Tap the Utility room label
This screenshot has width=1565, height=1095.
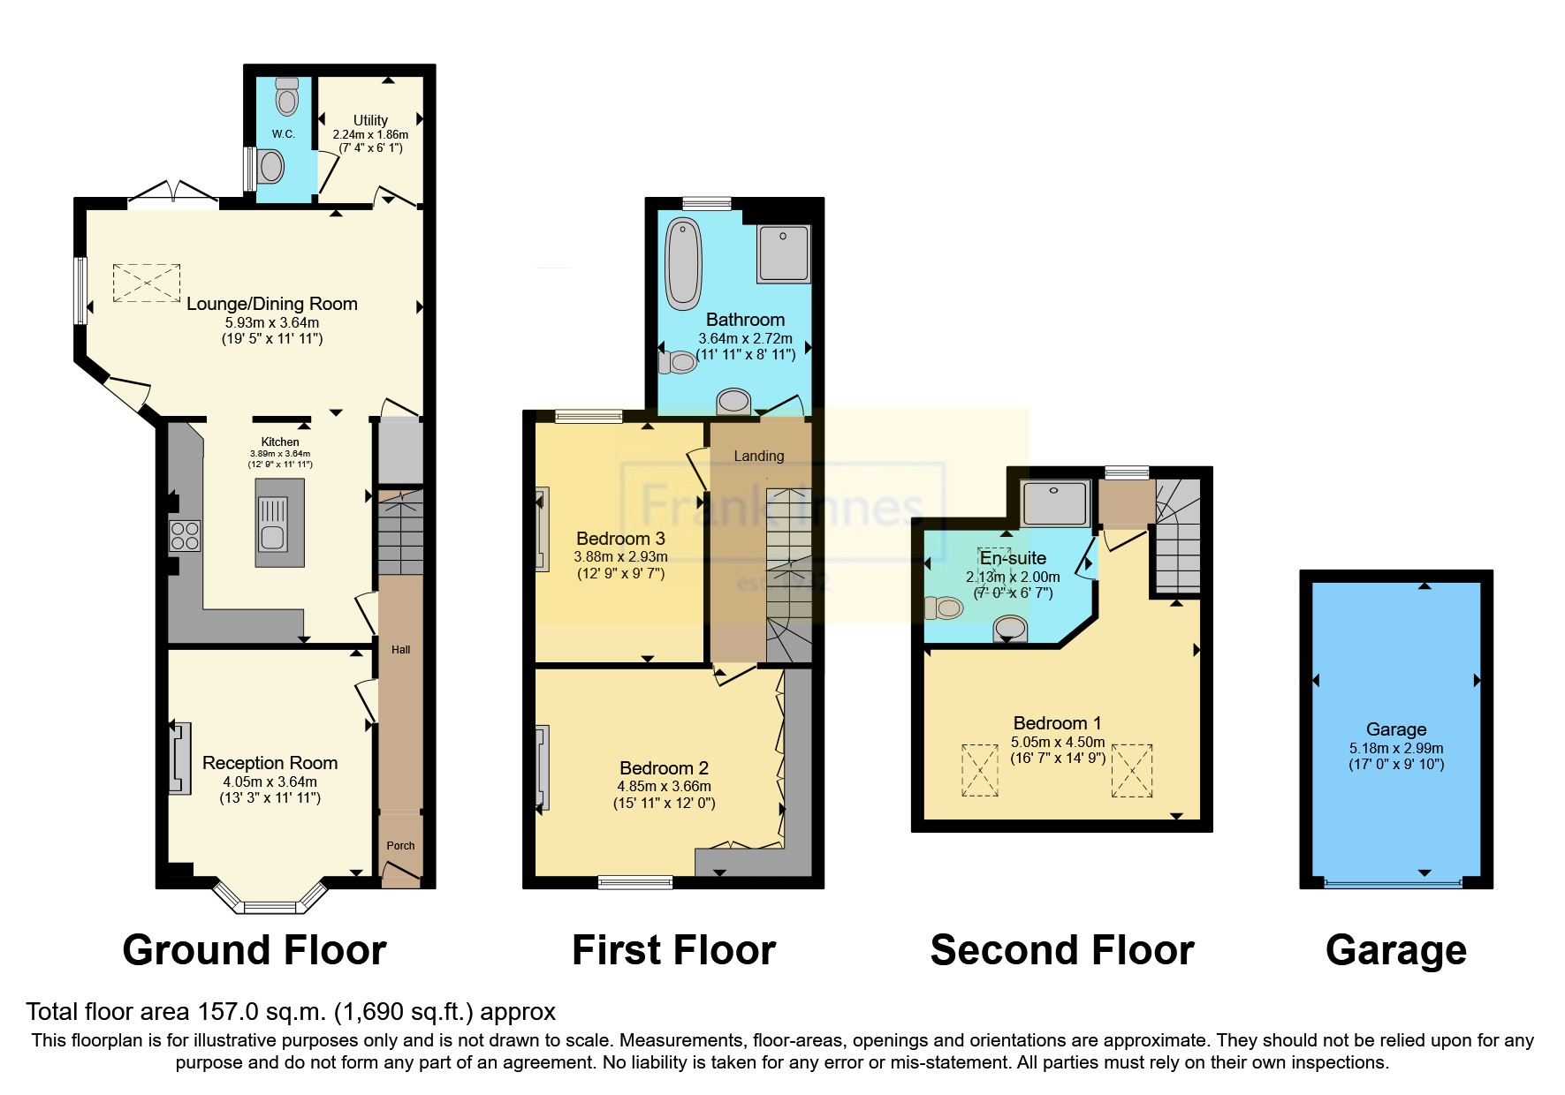pos(370,120)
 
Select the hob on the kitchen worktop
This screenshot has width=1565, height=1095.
pos(186,536)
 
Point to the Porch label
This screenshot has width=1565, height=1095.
pos(400,845)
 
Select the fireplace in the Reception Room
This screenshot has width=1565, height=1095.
pos(180,758)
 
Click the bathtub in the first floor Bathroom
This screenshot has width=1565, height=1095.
pos(682,263)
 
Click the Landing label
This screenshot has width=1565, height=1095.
pos(758,456)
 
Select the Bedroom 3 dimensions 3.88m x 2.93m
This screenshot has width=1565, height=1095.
pos(620,557)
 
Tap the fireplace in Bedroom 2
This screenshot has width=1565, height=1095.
pos(541,766)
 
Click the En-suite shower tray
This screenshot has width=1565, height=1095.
pos(1054,503)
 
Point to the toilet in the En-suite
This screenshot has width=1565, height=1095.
pos(943,608)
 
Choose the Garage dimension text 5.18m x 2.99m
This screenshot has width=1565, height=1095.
pos(1395,748)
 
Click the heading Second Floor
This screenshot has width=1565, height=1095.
pos(1061,951)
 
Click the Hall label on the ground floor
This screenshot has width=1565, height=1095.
pos(400,650)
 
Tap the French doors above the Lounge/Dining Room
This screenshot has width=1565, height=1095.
pos(173,193)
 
